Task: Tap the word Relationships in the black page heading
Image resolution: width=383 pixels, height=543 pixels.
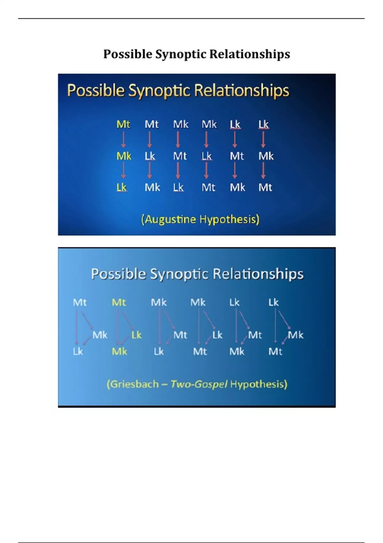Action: [x=250, y=54]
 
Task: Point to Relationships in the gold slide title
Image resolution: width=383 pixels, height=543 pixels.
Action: [x=241, y=90]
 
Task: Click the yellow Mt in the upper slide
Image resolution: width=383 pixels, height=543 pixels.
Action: [x=123, y=125]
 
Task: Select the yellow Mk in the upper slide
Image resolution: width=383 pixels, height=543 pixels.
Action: [x=124, y=156]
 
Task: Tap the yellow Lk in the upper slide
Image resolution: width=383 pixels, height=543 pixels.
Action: [x=121, y=187]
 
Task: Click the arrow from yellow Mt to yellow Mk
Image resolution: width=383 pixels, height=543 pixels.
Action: [x=123, y=140]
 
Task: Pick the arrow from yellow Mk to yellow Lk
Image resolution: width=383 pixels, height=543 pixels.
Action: [x=123, y=171]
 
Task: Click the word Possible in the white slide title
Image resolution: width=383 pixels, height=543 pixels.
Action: [x=118, y=274]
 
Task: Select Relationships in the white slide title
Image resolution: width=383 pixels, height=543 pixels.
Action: [x=258, y=274]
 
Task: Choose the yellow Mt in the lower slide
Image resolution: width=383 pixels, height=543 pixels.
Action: [x=119, y=302]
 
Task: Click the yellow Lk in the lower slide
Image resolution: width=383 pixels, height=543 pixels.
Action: [x=136, y=335]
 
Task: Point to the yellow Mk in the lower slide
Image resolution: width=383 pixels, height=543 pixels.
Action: [x=119, y=351]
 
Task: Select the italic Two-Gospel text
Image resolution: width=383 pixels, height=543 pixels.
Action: [x=199, y=385]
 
